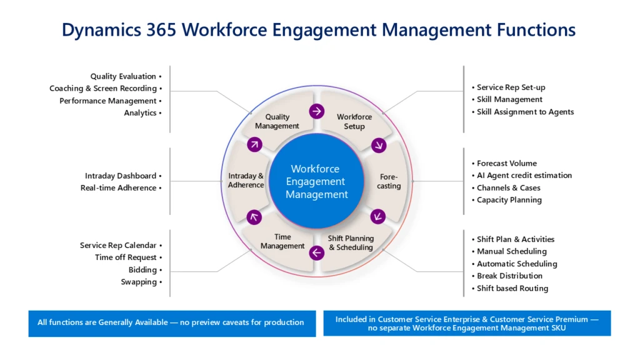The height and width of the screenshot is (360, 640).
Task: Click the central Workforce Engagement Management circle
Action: click(316, 181)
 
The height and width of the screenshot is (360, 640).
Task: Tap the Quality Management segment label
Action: click(277, 122)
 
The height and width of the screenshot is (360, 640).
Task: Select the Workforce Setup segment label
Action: click(354, 122)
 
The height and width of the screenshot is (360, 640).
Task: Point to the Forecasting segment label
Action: click(389, 181)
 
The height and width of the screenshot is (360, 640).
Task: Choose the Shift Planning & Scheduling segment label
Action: click(351, 243)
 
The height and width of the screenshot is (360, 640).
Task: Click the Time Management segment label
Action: click(282, 241)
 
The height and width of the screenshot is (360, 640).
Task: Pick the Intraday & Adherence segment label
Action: click(246, 181)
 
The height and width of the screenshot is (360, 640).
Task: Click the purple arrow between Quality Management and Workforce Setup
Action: click(317, 111)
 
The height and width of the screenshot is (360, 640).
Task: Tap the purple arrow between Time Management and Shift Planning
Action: click(317, 252)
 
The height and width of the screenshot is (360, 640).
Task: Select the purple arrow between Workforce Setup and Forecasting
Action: click(379, 145)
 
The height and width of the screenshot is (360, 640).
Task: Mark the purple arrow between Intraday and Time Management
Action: click(254, 217)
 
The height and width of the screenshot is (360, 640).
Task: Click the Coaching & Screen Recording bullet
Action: click(106, 89)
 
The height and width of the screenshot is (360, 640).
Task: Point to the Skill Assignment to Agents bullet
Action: click(523, 112)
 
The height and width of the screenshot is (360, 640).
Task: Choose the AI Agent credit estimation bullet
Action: click(522, 176)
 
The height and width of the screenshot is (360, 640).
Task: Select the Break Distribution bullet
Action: click(507, 276)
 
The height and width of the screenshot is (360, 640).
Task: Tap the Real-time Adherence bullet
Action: click(121, 187)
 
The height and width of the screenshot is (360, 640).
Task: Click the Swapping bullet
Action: click(142, 282)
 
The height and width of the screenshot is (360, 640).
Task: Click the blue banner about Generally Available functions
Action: click(172, 324)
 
